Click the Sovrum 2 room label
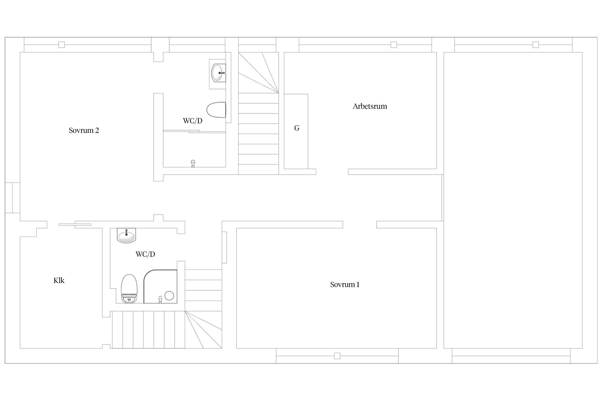click(x=84, y=131)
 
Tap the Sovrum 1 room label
click(x=345, y=285)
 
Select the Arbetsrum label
click(x=370, y=106)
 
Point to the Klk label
click(x=59, y=281)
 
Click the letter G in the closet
click(x=297, y=128)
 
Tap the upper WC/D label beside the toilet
click(x=193, y=121)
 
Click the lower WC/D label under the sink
click(x=145, y=254)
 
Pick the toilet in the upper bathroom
click(x=216, y=110)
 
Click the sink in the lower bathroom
click(x=127, y=235)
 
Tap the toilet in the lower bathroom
click(x=129, y=289)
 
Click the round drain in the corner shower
click(x=169, y=296)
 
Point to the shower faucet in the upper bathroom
click(x=193, y=163)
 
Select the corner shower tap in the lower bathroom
click(x=160, y=299)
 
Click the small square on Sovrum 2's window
click(x=62, y=44)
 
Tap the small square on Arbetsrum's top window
click(x=394, y=44)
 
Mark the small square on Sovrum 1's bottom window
click(x=337, y=356)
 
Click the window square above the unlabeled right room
click(x=536, y=44)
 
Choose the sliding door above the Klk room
click(x=75, y=225)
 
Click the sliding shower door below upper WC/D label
click(x=195, y=131)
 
